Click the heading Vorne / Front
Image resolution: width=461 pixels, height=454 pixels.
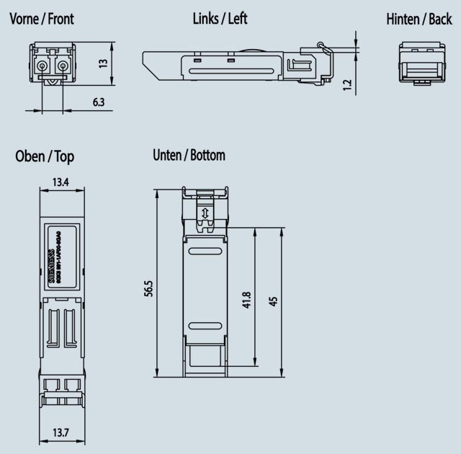coord(42,19)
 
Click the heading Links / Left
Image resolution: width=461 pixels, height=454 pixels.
coord(220,19)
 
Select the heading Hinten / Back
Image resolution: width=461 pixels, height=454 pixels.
coord(419,19)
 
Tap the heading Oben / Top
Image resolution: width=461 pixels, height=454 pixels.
coord(45,156)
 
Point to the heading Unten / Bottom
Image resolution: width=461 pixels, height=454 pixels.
coord(189,155)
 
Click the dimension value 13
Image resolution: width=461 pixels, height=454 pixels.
coord(103,63)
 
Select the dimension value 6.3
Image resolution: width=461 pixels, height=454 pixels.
coord(98,102)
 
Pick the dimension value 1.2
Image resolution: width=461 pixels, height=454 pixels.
coord(347,84)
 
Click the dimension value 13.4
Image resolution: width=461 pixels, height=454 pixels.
coord(61,183)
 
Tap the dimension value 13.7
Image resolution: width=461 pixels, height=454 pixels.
coord(61,432)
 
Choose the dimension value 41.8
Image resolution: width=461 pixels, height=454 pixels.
coord(246,300)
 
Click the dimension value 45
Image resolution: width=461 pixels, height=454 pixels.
coord(273,301)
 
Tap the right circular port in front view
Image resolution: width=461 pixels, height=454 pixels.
coord(63,67)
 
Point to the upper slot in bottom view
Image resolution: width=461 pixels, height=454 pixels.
coord(205,252)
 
